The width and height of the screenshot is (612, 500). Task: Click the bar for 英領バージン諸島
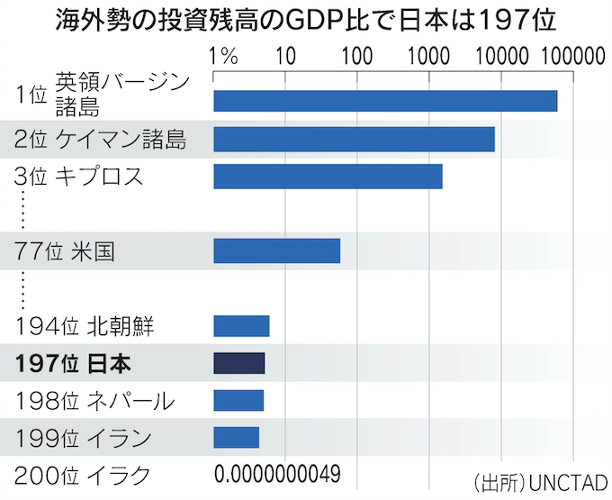[385, 100]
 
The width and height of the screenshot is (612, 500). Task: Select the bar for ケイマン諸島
[354, 139]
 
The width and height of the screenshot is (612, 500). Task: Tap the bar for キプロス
[328, 177]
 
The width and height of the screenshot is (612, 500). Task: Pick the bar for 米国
[276, 250]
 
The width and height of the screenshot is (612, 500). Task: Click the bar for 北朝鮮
[241, 326]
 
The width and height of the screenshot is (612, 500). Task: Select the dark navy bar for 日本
[238, 363]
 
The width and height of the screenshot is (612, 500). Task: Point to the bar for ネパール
[238, 400]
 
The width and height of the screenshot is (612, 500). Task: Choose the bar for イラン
[236, 437]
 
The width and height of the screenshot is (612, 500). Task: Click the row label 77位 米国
[65, 250]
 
